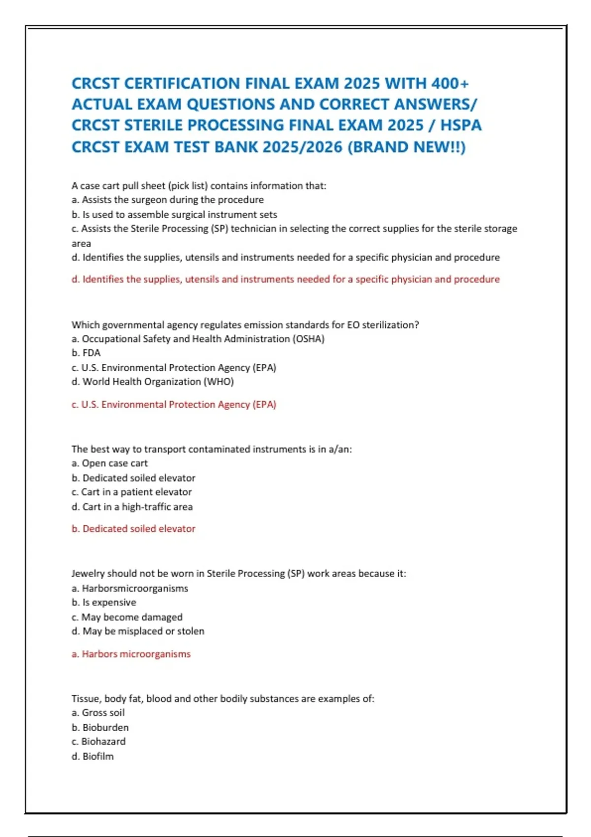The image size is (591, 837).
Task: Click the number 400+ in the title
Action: pos(450,83)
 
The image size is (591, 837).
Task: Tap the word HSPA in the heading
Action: pos(461,125)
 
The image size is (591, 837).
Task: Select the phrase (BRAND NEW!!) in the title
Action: pos(406,147)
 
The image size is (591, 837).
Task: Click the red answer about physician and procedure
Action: pos(286,279)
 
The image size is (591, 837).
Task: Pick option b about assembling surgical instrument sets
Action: pos(174,214)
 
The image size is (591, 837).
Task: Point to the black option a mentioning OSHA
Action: pos(198,339)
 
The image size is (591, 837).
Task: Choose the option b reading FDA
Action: pos(86,353)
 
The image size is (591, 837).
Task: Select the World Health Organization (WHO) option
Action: pos(153,382)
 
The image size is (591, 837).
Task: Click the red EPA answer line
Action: pos(174,404)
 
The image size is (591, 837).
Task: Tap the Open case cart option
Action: pos(109,463)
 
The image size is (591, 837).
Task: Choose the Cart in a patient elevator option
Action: pos(131,492)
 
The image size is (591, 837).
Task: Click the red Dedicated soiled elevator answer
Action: pos(133,528)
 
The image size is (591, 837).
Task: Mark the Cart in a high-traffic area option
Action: pos(132,507)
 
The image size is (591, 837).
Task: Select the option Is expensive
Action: pos(104,602)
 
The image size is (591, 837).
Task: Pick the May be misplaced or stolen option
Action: pos(138,631)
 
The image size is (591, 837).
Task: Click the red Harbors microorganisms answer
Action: pos(131,654)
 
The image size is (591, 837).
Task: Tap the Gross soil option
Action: pos(98,712)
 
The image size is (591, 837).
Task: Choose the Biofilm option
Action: pos(93,756)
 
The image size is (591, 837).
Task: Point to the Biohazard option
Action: pos(98,741)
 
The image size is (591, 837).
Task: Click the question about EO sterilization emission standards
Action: pos(245,324)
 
